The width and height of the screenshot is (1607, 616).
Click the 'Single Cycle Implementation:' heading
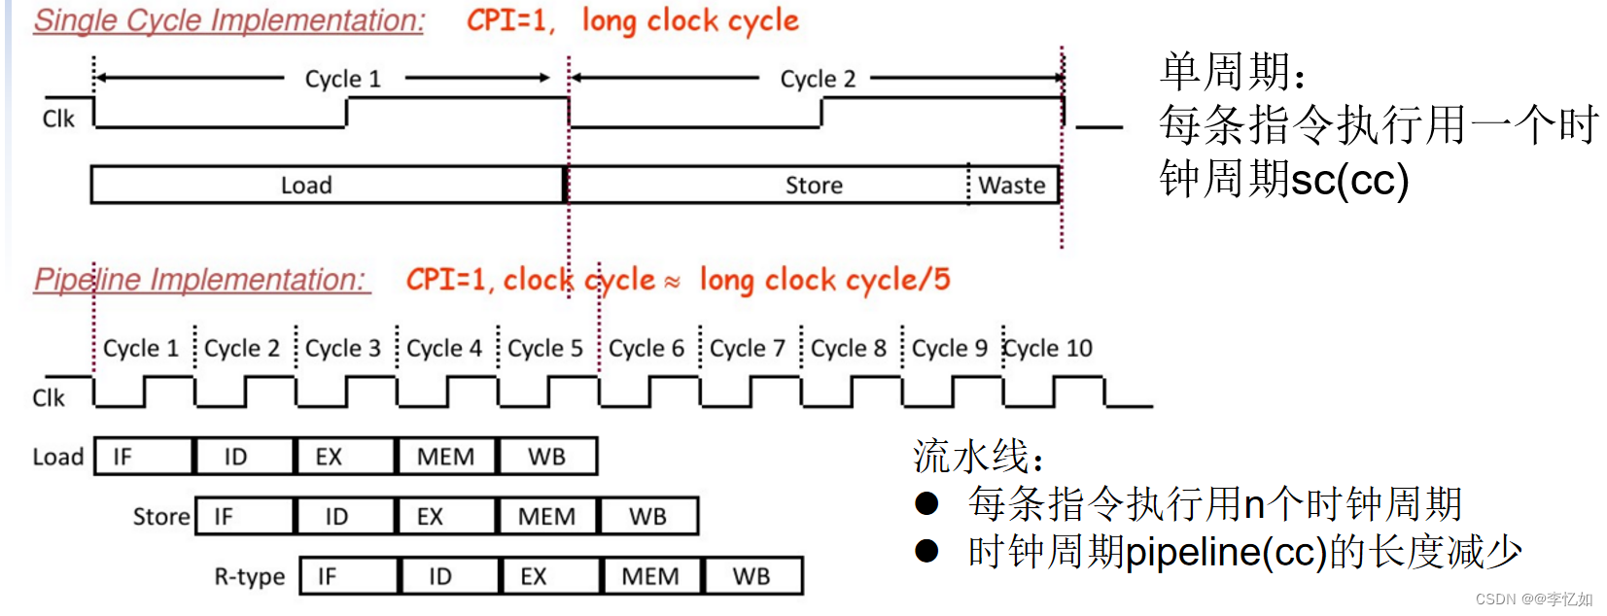click(x=228, y=20)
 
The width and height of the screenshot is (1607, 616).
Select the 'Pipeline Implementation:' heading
click(x=200, y=280)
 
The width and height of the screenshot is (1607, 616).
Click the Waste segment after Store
click(x=1012, y=185)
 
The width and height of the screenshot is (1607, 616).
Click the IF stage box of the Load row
click(x=144, y=457)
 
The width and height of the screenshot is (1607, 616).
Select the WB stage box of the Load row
click(x=546, y=457)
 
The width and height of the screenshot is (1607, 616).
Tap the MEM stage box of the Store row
click(x=546, y=517)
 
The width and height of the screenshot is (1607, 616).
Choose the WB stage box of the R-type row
click(x=752, y=576)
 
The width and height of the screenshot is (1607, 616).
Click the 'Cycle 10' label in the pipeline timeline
click(x=1048, y=348)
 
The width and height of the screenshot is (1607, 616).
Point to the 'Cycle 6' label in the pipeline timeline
click(x=646, y=348)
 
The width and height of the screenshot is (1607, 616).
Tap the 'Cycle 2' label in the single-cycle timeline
click(x=818, y=79)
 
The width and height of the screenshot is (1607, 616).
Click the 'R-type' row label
click(x=250, y=577)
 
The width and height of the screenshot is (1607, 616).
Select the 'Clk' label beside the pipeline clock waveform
click(x=49, y=398)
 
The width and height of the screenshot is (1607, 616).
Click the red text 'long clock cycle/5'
click(x=824, y=280)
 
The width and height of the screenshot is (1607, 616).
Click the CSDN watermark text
click(x=1533, y=599)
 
